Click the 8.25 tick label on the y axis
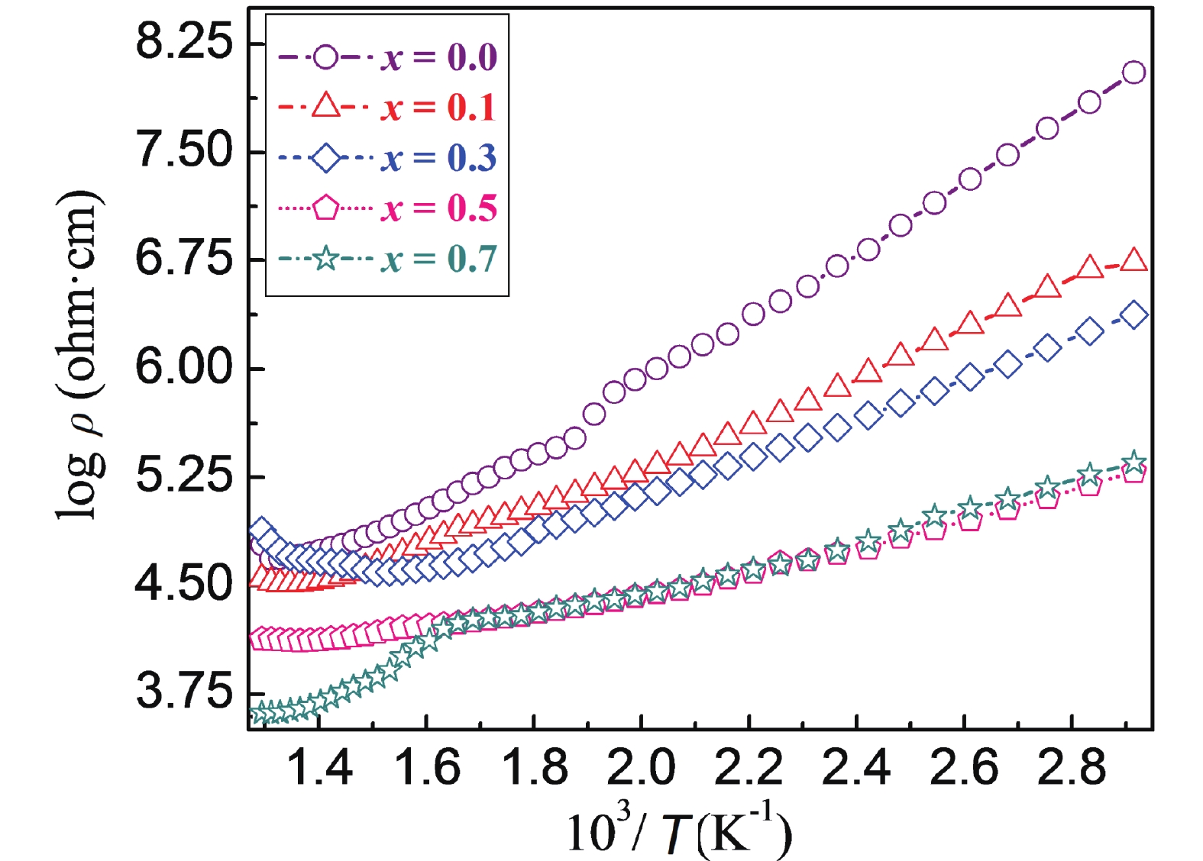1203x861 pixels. (183, 42)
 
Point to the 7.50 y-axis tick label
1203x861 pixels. (183, 150)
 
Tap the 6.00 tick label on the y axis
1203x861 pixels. (183, 367)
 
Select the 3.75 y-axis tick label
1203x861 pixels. (183, 692)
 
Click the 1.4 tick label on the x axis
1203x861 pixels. (319, 767)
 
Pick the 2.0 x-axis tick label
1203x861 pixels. (641, 767)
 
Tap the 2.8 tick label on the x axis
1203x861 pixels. (1071, 767)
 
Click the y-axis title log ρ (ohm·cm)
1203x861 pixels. (79, 355)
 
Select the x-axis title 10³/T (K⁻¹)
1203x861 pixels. (679, 831)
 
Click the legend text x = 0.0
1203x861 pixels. (439, 57)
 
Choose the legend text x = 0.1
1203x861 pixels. (439, 107)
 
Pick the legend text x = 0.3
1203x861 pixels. (439, 158)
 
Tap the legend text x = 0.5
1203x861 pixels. (439, 208)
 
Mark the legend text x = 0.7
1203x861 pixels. (439, 259)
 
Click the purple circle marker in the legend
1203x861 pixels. (326, 57)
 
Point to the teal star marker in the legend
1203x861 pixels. (326, 259)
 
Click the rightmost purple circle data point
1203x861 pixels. (1134, 73)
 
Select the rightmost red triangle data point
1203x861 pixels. (1134, 260)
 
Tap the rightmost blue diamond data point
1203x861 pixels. (1134, 314)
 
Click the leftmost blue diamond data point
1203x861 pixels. (260, 529)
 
